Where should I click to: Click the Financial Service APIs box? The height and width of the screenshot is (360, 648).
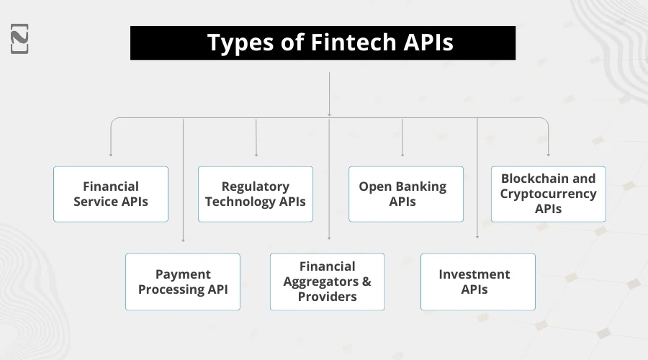[x=111, y=194]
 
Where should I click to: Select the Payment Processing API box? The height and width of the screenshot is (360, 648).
[x=183, y=282]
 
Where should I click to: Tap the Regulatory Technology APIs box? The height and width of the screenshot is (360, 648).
[x=256, y=194]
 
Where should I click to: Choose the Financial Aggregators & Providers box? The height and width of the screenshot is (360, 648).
[x=328, y=282]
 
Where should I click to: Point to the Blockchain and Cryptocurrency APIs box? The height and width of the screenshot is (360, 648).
[x=549, y=194]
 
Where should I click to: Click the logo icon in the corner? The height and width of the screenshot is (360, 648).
[x=20, y=38]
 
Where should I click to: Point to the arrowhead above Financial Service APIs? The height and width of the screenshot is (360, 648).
[x=111, y=154]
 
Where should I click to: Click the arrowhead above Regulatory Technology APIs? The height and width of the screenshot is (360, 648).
[x=256, y=154]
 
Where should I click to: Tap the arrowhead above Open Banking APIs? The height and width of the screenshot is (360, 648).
[x=402, y=154]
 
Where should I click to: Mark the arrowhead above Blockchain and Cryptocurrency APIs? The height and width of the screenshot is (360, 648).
[x=549, y=154]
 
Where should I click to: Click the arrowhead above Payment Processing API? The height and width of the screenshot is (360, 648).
[x=183, y=240]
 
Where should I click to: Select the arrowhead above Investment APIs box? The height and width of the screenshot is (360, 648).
[x=477, y=237]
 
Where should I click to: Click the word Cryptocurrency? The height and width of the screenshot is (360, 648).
[x=549, y=194]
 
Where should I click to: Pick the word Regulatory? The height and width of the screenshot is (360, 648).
[x=256, y=186]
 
